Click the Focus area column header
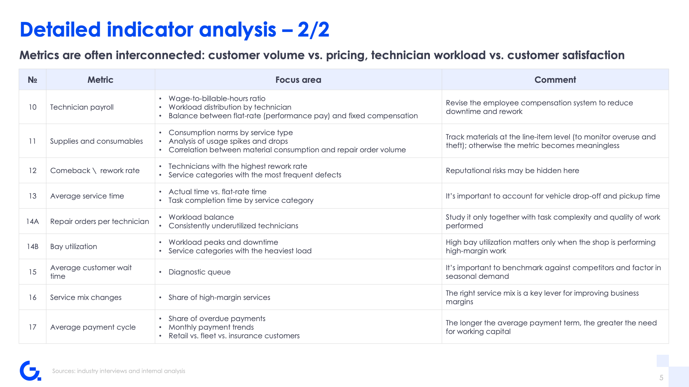[298, 80]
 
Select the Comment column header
[555, 80]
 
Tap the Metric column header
[100, 80]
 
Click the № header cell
[32, 80]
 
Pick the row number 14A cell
[32, 221]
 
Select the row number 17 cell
[32, 327]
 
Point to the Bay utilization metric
[74, 247]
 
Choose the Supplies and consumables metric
[97, 141]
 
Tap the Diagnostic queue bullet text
[200, 272]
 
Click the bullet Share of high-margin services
[219, 297]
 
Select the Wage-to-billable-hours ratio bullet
[217, 99]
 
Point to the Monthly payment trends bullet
[211, 327]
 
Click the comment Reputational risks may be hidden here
[512, 171]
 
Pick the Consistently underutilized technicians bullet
[233, 226]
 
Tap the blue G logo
[31, 371]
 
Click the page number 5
[661, 378]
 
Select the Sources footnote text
[119, 371]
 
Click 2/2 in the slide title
[313, 29]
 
